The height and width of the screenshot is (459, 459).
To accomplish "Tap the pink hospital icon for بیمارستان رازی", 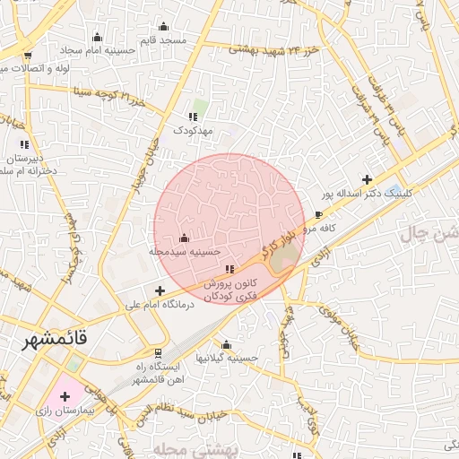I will pos(65,395).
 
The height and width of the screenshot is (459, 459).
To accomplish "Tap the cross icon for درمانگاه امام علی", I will pos(160,290).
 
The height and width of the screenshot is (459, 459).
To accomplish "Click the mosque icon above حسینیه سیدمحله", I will pos(185,238).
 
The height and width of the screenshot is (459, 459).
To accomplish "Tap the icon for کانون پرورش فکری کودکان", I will pos(230,269).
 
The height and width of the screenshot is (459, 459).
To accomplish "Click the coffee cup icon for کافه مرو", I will pos(318,215).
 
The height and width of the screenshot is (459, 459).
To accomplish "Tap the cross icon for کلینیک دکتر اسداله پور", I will pos(366,180).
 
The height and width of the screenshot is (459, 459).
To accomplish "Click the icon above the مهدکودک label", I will pos(193,117).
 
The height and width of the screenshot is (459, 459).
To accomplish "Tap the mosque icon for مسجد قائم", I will pos(162,27).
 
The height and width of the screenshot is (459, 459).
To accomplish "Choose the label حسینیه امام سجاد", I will pos(99,51).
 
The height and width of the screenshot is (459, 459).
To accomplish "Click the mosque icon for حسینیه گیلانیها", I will pos(226,344).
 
